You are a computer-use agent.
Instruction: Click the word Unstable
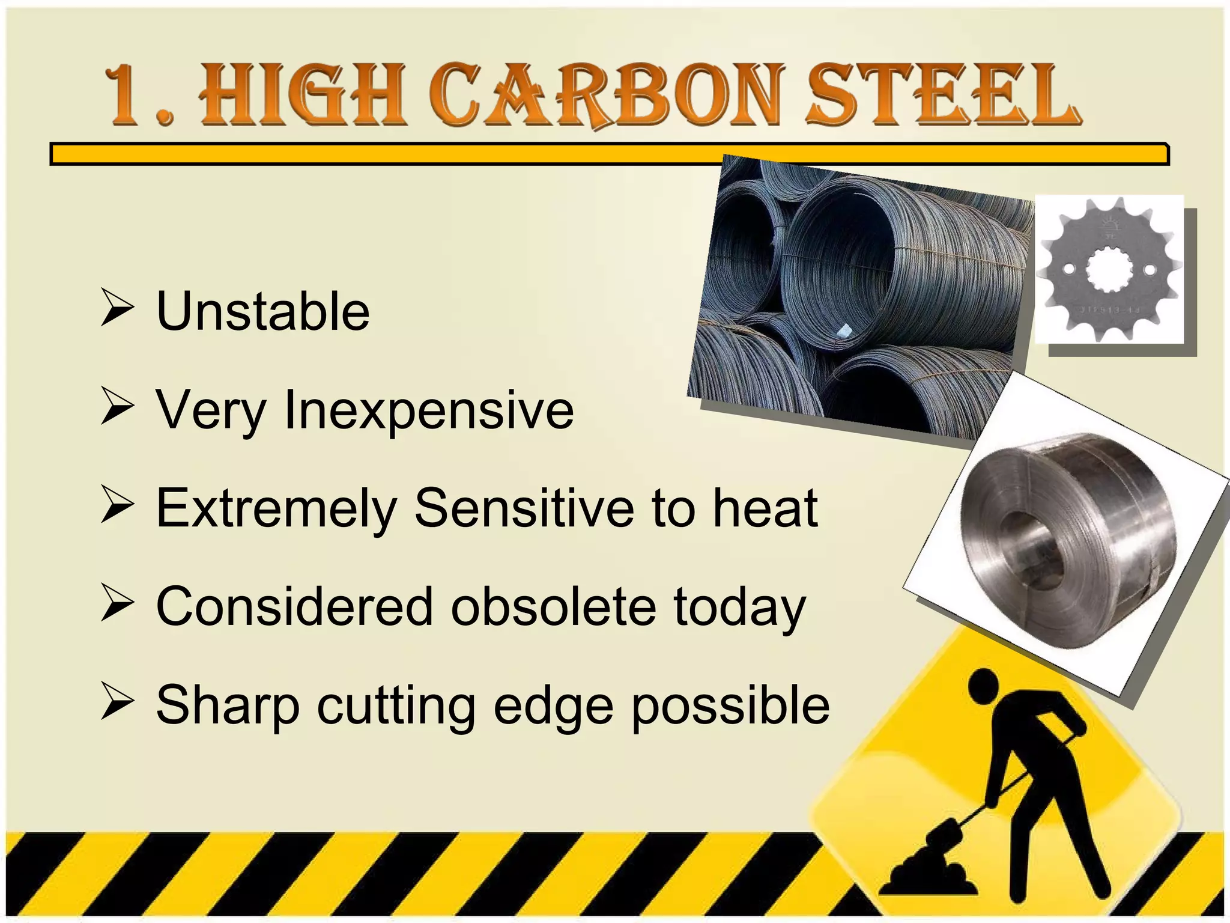click(262, 311)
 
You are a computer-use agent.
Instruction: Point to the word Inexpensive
click(428, 411)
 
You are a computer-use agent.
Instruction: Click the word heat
click(765, 508)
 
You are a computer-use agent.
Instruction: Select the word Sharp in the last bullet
click(228, 707)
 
